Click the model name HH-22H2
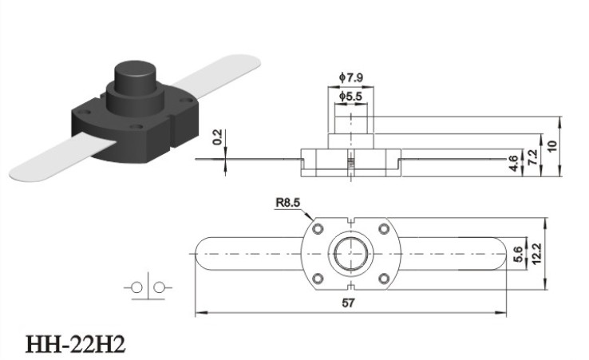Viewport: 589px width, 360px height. (x=75, y=344)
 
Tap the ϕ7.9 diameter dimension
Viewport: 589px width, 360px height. (x=351, y=77)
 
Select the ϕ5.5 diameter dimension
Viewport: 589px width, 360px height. (x=350, y=97)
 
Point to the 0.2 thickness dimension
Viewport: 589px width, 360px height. (x=218, y=137)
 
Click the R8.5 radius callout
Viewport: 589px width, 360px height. (x=288, y=203)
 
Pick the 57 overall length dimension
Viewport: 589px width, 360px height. (x=348, y=303)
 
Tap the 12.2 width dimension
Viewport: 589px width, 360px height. (x=536, y=254)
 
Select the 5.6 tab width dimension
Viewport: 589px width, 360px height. (x=518, y=254)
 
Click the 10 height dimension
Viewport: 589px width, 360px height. (x=551, y=146)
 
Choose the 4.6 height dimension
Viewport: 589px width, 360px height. (x=514, y=164)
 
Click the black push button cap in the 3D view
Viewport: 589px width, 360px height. (x=135, y=78)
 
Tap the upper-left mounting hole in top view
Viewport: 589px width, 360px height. (x=318, y=229)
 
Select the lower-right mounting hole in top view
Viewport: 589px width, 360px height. (x=384, y=279)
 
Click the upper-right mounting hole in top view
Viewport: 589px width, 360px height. (x=384, y=229)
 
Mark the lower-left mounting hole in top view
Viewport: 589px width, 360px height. (x=318, y=279)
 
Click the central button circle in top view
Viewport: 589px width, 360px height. (x=351, y=254)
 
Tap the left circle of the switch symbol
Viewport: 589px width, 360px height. (x=137, y=288)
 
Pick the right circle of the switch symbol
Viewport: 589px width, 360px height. (x=160, y=287)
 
